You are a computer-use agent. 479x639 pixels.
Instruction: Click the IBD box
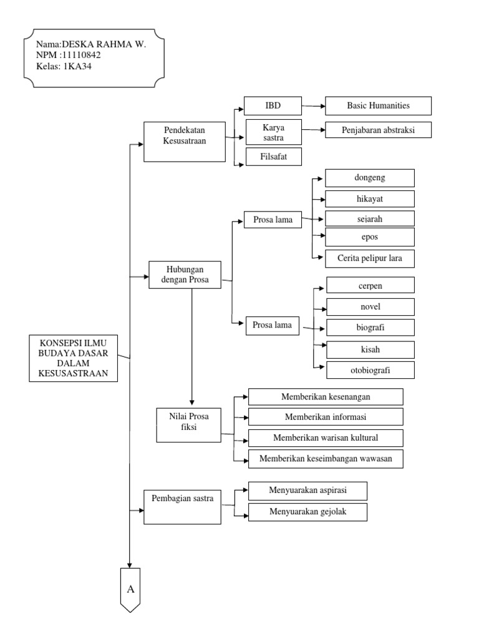273,106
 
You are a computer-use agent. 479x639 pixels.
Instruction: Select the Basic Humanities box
378,106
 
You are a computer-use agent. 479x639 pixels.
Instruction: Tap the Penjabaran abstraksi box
378,131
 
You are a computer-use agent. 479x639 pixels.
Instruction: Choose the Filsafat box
273,156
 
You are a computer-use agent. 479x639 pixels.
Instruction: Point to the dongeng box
369,178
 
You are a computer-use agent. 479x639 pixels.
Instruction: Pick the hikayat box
369,199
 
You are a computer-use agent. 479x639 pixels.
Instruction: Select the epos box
369,237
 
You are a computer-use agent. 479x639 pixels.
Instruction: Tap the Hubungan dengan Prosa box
185,275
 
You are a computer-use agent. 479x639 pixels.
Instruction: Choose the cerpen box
370,286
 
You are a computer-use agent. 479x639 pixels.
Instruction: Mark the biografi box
370,327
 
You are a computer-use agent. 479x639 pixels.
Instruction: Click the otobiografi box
370,369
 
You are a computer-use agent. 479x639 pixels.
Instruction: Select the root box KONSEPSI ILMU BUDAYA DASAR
74,358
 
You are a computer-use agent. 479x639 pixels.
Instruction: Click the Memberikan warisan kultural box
325,437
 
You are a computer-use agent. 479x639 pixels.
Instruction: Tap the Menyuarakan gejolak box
307,512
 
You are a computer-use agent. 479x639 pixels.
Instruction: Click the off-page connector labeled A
131,589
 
